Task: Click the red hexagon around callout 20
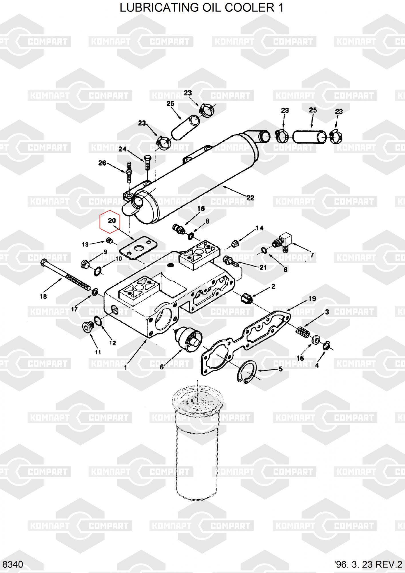(x=110, y=222)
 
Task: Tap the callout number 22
(x=250, y=198)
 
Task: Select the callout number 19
(x=312, y=299)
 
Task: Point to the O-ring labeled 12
(x=97, y=322)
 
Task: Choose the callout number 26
(x=102, y=163)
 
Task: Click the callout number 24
(x=122, y=149)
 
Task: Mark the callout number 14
(x=259, y=228)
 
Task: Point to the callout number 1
(x=126, y=367)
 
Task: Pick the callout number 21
(x=263, y=267)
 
